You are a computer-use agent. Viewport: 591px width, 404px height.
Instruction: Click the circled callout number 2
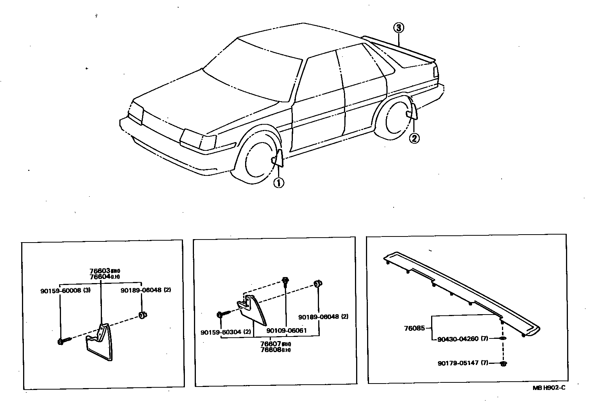pos(414,138)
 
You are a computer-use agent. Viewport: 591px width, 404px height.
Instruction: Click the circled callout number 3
pos(399,28)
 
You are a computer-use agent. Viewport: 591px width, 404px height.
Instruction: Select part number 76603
pos(100,271)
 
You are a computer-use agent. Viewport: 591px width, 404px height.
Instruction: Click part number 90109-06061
pos(286,330)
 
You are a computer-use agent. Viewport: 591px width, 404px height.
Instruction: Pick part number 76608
pos(271,350)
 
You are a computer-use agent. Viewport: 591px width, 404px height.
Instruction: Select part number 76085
pos(414,328)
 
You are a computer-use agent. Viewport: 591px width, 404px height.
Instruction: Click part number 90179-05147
pos(458,363)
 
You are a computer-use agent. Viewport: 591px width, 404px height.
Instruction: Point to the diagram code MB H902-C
pos(551,387)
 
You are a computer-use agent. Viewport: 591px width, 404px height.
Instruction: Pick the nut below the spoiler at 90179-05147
pos(503,364)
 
